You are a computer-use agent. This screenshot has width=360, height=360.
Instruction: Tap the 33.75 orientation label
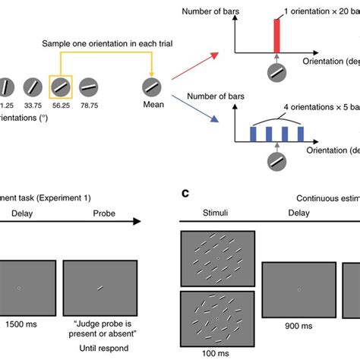pyautogui.click(x=30, y=107)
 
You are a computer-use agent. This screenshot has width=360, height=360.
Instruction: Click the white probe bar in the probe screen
pyautogui.click(x=99, y=287)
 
